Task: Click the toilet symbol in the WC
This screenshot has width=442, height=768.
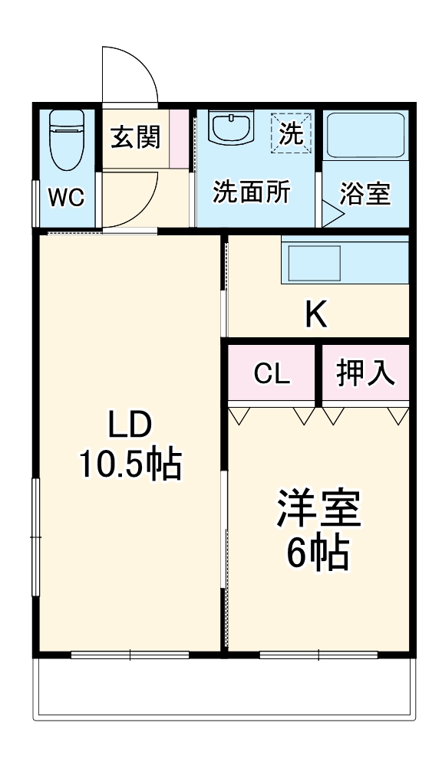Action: [x=68, y=140]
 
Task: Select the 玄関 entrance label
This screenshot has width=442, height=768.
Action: [x=136, y=137]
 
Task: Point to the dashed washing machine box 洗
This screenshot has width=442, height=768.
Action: [x=292, y=133]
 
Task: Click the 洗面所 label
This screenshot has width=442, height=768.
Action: [x=252, y=192]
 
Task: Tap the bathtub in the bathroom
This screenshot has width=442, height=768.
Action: [x=365, y=135]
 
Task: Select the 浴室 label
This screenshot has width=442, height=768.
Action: [x=365, y=194]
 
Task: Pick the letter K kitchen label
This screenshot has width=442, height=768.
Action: [x=316, y=314]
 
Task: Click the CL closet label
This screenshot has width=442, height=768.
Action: [x=272, y=375]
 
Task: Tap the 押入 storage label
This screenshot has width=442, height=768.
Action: [x=365, y=374]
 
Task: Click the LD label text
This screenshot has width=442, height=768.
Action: [x=130, y=425]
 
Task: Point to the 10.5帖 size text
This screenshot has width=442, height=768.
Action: [x=130, y=464]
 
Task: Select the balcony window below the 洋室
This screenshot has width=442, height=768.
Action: [x=319, y=655]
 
